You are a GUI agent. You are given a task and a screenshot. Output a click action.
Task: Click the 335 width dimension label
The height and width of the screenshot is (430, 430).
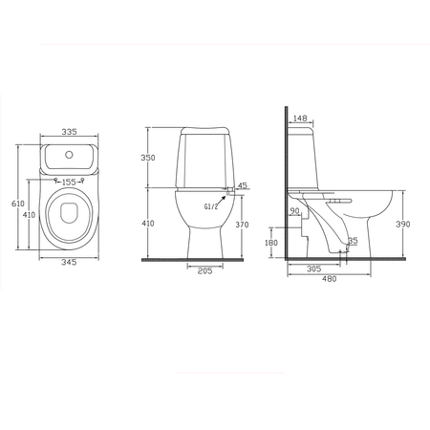click(x=70, y=132)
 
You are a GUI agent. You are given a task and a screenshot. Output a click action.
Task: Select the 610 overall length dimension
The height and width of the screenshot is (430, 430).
click(x=17, y=204)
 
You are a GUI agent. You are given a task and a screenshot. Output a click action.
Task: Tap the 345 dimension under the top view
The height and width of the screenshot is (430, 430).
click(x=69, y=262)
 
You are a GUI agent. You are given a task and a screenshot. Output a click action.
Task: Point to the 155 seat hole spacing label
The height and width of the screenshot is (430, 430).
click(x=69, y=183)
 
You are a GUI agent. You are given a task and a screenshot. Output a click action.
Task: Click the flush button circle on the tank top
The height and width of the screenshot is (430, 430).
click(x=69, y=155)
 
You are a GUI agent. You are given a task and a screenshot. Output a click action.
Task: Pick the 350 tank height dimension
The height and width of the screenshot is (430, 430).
click(x=148, y=158)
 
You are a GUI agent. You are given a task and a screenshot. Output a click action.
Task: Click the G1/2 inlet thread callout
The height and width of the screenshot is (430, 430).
click(x=211, y=206)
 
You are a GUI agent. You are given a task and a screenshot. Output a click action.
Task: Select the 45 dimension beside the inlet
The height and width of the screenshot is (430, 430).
click(x=243, y=185)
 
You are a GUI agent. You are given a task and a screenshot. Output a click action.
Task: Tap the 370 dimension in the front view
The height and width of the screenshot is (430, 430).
click(x=242, y=225)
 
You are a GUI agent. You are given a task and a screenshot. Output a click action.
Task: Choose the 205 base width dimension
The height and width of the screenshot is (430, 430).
click(x=204, y=271)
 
